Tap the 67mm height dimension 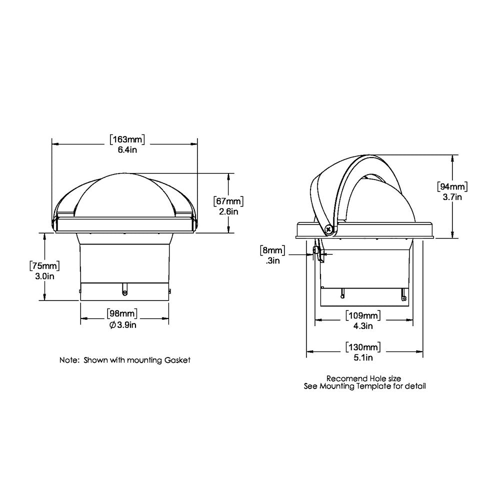click(x=228, y=202)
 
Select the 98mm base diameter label click(x=122, y=314)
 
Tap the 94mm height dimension click(x=452, y=187)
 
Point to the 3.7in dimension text click(x=452, y=197)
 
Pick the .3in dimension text click(x=273, y=260)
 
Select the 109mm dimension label click(x=363, y=316)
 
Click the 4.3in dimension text click(x=363, y=326)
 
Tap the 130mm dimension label click(x=363, y=346)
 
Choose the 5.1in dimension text click(x=363, y=357)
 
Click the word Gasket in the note click(x=178, y=360)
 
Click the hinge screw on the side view click(x=329, y=230)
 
